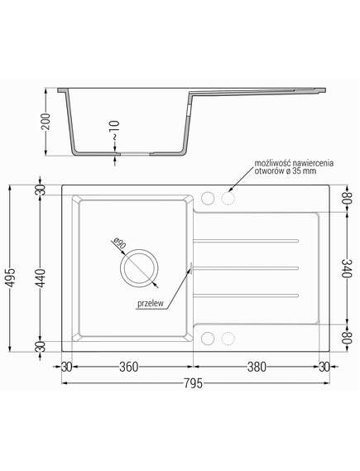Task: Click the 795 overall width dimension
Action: (194, 383)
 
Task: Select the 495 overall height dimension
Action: (11, 276)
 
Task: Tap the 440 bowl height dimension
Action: (41, 278)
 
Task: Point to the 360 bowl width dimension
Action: (129, 367)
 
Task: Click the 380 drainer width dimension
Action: (257, 367)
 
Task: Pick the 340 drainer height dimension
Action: (346, 268)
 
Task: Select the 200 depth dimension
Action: (46, 122)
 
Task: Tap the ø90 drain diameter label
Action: (119, 243)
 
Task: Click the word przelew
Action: (151, 304)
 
